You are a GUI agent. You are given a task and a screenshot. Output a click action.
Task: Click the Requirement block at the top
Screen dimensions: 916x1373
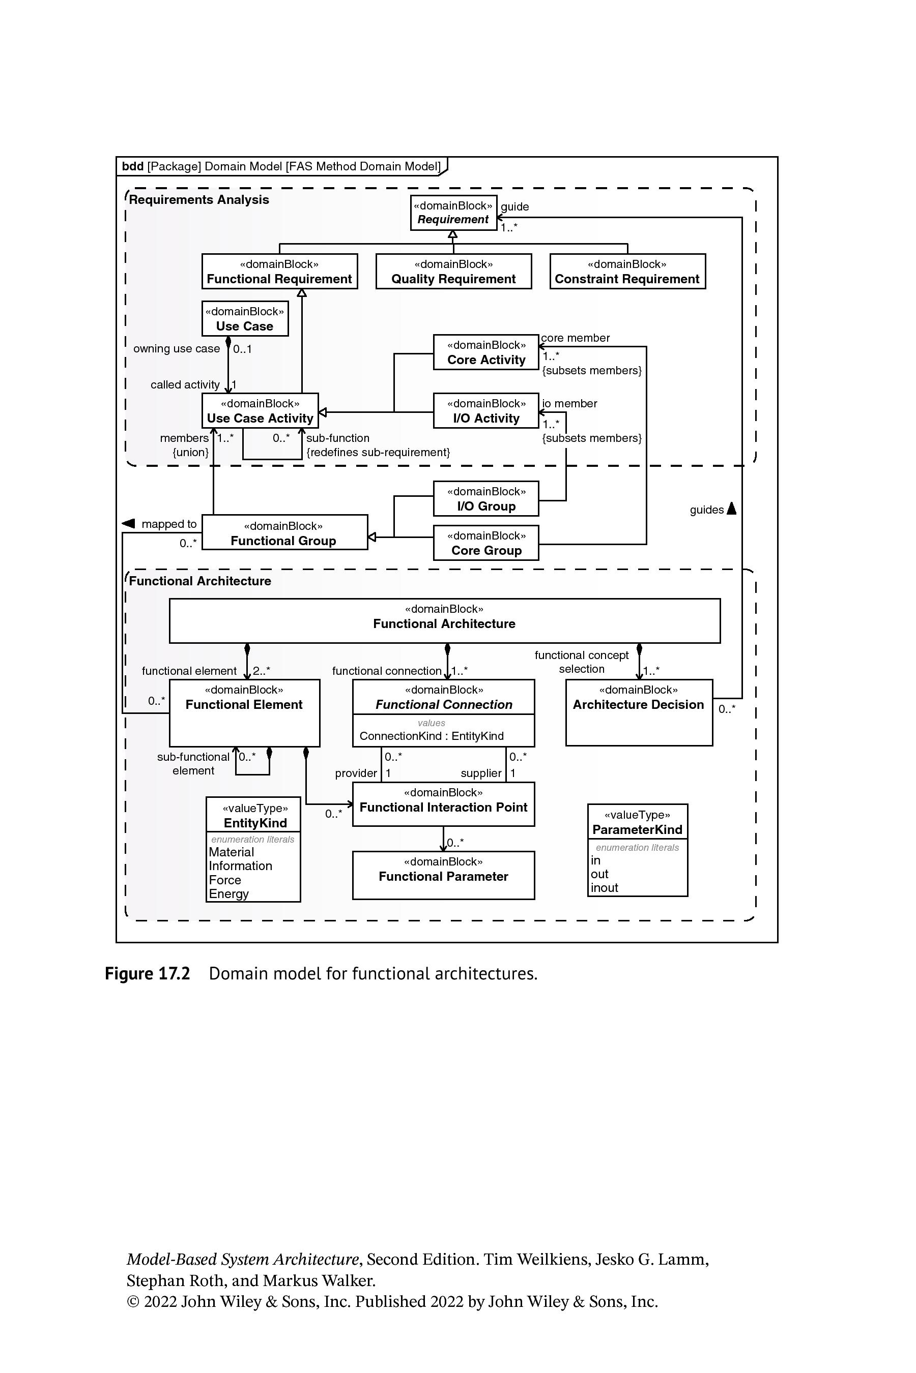click(453, 213)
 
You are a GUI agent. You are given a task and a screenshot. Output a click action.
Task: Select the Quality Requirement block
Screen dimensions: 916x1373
click(453, 272)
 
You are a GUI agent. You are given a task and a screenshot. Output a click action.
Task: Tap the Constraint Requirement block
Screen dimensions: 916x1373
click(627, 272)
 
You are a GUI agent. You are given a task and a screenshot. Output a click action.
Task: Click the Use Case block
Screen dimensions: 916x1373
click(245, 319)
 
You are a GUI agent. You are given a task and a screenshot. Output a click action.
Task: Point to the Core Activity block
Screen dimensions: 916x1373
click(486, 352)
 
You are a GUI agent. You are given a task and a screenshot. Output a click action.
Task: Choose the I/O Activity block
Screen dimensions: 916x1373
click(486, 410)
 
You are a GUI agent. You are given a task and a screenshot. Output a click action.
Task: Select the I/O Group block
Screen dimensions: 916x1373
click(486, 498)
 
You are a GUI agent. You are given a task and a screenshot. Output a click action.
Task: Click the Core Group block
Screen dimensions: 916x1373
click(486, 543)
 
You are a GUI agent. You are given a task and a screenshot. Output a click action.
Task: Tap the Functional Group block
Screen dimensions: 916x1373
click(284, 532)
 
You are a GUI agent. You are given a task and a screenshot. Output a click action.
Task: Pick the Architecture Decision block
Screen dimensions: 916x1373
click(639, 713)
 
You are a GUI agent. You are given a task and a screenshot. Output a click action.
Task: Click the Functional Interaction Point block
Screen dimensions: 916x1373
click(443, 804)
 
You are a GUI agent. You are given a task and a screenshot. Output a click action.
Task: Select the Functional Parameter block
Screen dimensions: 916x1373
click(443, 875)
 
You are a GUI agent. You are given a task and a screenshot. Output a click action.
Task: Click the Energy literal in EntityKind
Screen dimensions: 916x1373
click(229, 894)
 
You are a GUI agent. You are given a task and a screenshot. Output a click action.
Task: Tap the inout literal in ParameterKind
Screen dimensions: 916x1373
click(604, 888)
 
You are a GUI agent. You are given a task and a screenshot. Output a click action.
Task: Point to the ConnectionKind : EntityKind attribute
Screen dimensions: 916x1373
click(432, 736)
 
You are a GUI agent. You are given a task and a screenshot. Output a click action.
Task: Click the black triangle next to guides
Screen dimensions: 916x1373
click(731, 509)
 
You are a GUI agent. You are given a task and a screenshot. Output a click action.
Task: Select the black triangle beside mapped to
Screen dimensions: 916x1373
click(129, 523)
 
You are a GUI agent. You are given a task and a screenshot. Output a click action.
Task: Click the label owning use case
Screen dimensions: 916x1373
click(177, 348)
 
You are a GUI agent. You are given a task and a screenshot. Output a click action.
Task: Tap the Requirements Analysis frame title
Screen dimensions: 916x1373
click(198, 200)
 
